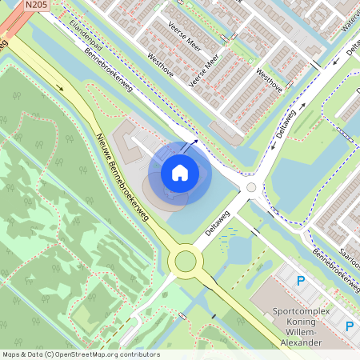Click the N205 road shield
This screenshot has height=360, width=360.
[x=34, y=5]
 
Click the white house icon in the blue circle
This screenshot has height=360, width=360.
[x=180, y=172]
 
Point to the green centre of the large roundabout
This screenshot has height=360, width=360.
[x=186, y=260]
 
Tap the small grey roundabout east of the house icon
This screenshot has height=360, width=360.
[x=251, y=187]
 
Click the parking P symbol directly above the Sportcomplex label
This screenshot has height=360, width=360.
[x=301, y=281]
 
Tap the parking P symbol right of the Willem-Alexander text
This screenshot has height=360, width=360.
[x=349, y=326]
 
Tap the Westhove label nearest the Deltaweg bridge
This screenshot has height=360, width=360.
[x=269, y=80]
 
